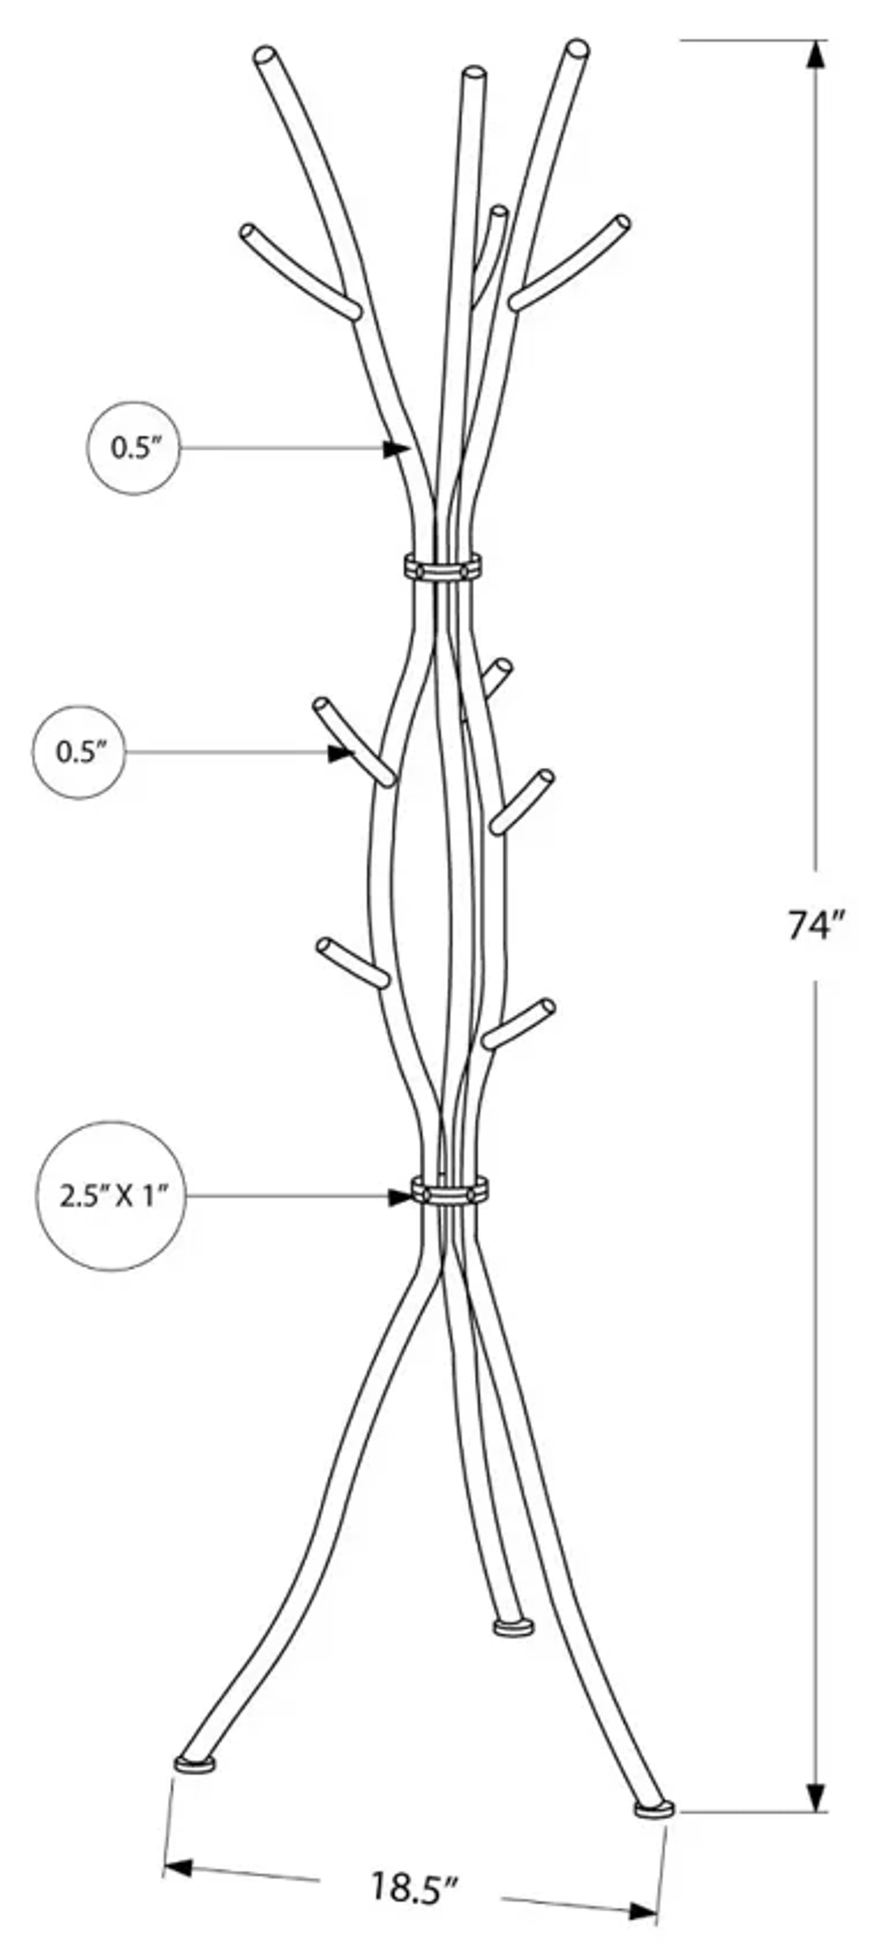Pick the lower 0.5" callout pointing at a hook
[x=79, y=752]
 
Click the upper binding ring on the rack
[x=443, y=567]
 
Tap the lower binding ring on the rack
[x=449, y=1192]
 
